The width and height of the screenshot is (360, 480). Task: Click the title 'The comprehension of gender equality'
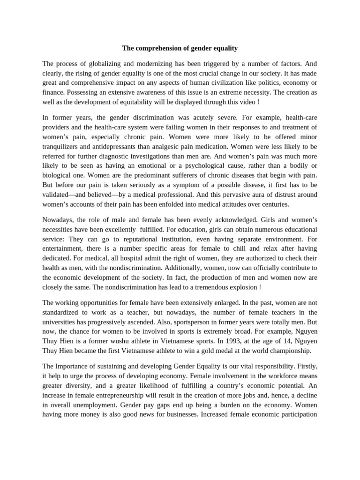[x=180, y=48]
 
